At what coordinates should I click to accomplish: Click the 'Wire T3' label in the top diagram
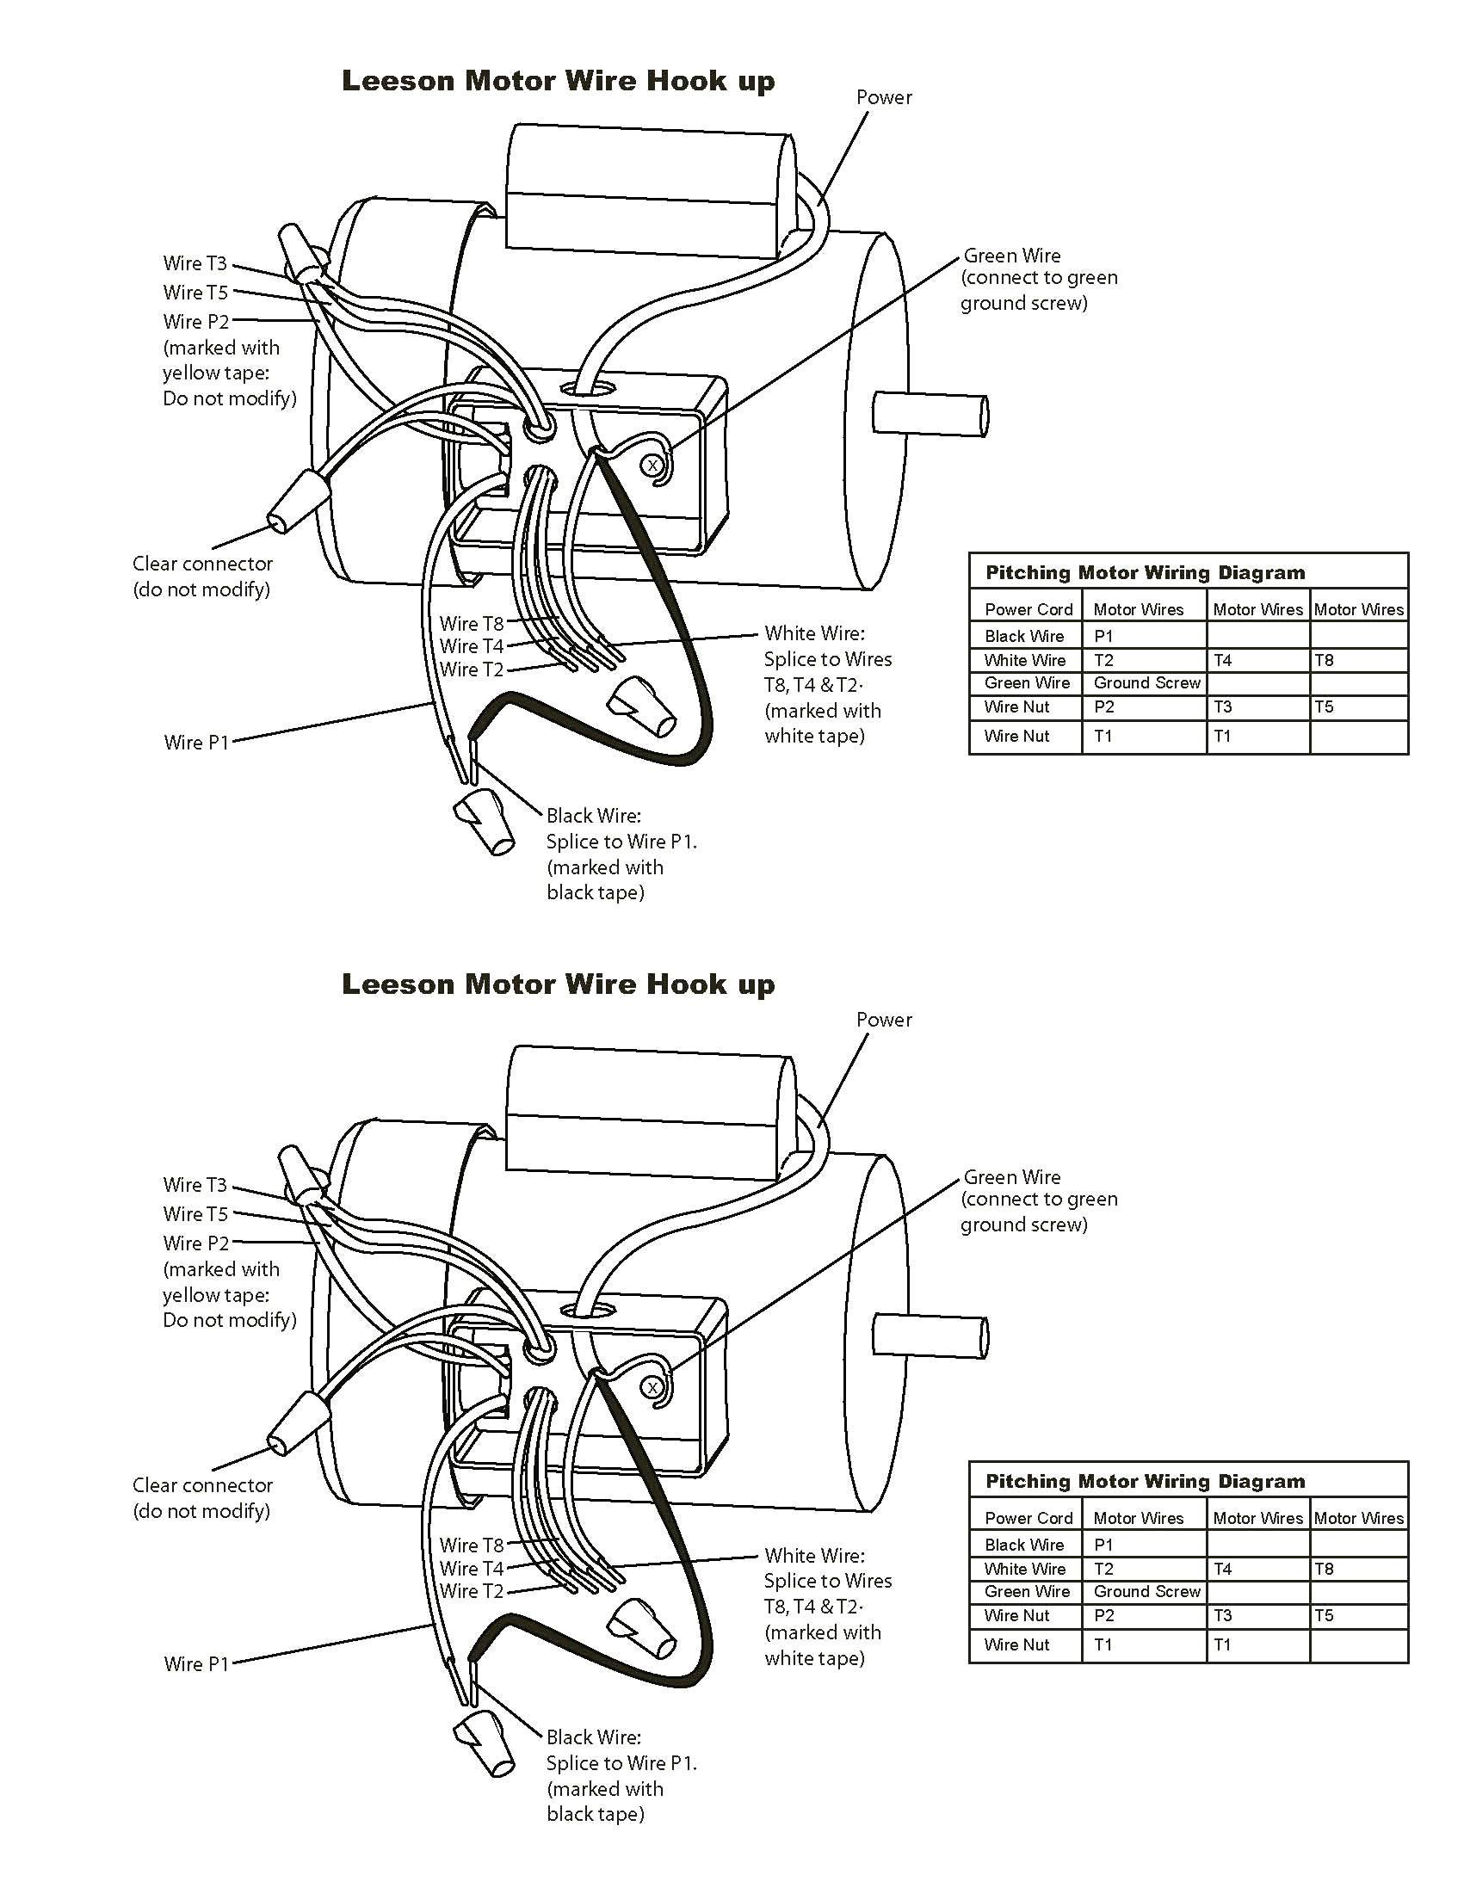coord(195,263)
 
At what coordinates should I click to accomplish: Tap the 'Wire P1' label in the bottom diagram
coord(196,1664)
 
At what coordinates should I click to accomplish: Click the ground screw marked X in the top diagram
coord(652,466)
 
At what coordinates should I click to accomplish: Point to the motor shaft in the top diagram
coord(930,414)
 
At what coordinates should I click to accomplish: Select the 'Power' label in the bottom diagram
coord(884,1020)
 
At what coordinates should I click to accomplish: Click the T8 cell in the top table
coord(1324,660)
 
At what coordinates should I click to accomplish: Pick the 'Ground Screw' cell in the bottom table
coord(1146,1591)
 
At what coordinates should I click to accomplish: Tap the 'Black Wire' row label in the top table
coord(1024,636)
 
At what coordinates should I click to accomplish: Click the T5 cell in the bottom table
coord(1324,1616)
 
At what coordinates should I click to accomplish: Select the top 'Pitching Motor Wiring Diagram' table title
coord(1145,572)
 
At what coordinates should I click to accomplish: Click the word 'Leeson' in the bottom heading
coord(398,984)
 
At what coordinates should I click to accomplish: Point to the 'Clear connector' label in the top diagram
coord(202,564)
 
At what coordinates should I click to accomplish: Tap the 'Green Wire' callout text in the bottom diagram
coord(1012,1178)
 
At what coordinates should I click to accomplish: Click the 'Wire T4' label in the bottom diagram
coord(471,1569)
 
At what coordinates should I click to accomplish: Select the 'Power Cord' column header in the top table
coord(1029,609)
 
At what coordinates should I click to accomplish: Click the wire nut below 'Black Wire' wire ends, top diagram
coord(485,821)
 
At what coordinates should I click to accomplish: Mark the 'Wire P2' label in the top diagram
coord(196,322)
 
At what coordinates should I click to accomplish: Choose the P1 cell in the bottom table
coord(1103,1545)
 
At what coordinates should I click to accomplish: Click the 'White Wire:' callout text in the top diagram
coord(814,633)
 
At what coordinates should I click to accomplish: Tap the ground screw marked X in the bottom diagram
coord(652,1387)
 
